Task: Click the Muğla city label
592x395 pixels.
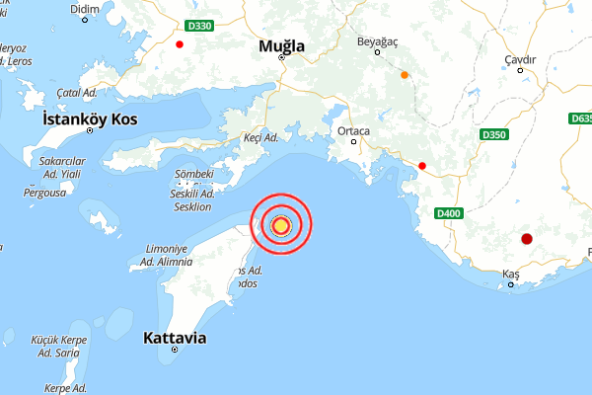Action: click(x=281, y=45)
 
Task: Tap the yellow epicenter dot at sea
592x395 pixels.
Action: click(x=280, y=225)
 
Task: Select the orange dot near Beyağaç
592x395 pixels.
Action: click(x=404, y=74)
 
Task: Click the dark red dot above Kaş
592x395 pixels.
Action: click(x=527, y=238)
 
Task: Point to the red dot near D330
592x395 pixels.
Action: click(x=180, y=44)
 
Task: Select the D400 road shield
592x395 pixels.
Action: click(x=447, y=212)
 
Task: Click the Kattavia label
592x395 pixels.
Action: click(x=175, y=338)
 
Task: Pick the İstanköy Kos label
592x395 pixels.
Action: click(x=89, y=118)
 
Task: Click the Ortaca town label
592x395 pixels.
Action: click(x=353, y=130)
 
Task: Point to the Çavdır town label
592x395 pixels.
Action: click(x=520, y=59)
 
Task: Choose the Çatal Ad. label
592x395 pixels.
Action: click(x=74, y=92)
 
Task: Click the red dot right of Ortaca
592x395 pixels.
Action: click(x=422, y=166)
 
